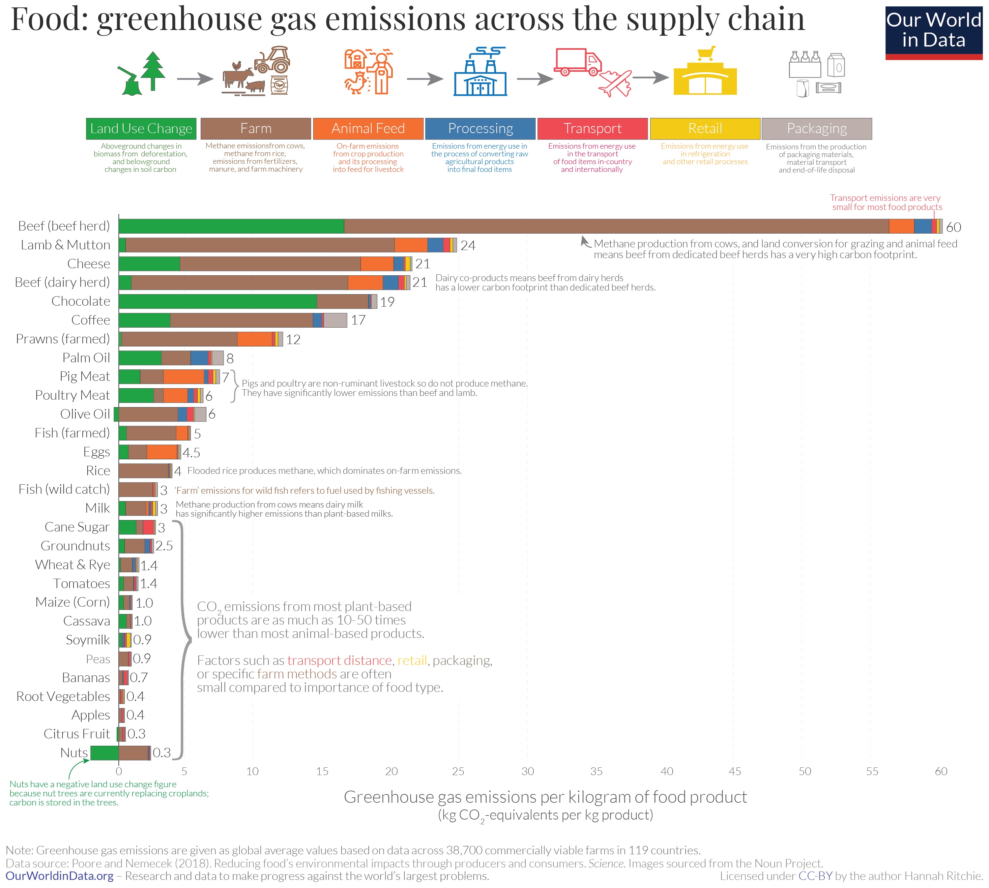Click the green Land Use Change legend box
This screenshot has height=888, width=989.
(141, 128)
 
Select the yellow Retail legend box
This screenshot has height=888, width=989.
(704, 128)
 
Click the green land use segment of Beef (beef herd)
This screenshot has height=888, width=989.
(231, 226)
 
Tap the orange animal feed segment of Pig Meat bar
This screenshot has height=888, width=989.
(183, 376)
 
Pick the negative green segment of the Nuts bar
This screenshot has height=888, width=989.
(105, 753)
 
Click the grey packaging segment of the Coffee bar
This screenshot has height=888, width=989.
(336, 320)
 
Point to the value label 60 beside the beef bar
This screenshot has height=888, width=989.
(953, 227)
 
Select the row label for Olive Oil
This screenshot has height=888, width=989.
(85, 414)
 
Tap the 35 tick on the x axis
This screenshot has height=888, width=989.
(596, 771)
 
